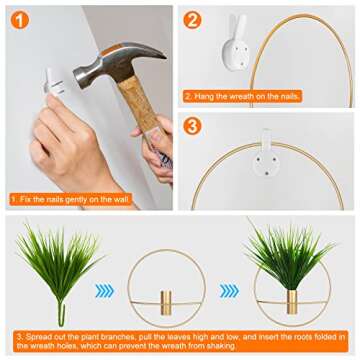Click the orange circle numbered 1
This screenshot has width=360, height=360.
pyautogui.click(x=20, y=21)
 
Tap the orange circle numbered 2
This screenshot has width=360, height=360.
pyautogui.click(x=192, y=20)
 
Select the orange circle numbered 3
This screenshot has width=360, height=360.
pyautogui.click(x=192, y=126)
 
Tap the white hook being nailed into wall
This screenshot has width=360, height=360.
pyautogui.click(x=54, y=82)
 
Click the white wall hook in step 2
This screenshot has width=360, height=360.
pyautogui.click(x=236, y=43)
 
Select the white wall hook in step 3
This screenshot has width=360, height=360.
pyautogui.click(x=266, y=156)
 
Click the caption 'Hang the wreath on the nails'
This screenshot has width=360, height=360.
pyautogui.click(x=242, y=97)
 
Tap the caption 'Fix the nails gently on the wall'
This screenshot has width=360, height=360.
pyautogui.click(x=71, y=200)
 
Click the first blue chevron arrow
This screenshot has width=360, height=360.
pyautogui.click(x=105, y=291)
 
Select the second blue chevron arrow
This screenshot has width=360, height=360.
pyautogui.click(x=229, y=291)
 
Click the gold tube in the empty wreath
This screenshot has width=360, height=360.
pyautogui.click(x=166, y=302)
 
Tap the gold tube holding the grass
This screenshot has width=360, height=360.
pyautogui.click(x=292, y=302)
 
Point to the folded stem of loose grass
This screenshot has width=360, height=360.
pyautogui.click(x=61, y=314)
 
